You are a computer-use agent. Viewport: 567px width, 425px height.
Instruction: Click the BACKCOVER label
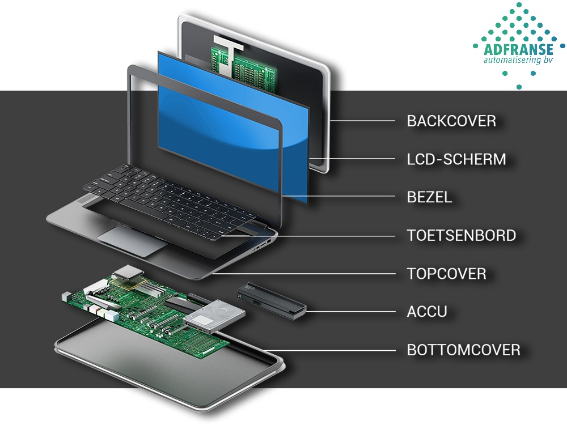(451, 121)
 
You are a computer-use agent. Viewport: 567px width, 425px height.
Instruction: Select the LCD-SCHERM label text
(456, 159)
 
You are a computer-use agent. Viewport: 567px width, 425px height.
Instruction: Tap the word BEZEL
(429, 197)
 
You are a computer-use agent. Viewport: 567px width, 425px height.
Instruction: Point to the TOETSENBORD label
(461, 235)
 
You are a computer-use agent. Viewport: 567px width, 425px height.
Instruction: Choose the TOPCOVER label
(446, 274)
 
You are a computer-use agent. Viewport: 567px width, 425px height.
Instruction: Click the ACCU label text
(427, 311)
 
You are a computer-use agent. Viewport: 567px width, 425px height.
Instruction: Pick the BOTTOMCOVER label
(463, 350)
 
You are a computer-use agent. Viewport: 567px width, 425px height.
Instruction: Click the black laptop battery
(271, 299)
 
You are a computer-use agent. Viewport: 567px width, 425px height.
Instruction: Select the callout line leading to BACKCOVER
(363, 121)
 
